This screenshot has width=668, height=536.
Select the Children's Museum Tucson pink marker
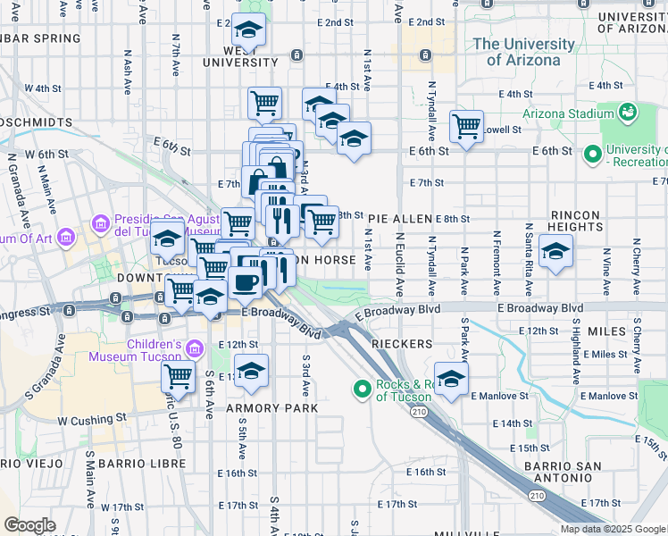point(195,348)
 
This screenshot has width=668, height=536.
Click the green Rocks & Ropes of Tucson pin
point(362,389)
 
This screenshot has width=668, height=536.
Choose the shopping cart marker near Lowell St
point(466,127)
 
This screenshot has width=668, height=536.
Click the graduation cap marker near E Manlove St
point(451,379)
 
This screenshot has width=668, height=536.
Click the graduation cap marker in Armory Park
point(252,371)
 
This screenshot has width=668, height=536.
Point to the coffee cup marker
point(245,283)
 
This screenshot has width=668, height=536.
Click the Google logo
point(29,525)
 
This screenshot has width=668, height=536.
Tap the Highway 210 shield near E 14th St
point(419,412)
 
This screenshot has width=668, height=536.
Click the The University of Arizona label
point(524,52)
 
